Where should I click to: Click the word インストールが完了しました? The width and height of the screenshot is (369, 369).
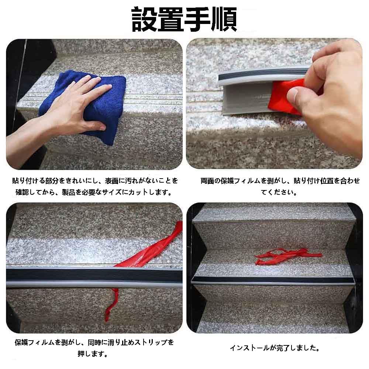click(275, 348)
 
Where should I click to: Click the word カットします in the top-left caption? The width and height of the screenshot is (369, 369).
click(152, 192)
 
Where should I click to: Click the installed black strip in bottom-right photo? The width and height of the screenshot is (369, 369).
click(273, 279)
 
